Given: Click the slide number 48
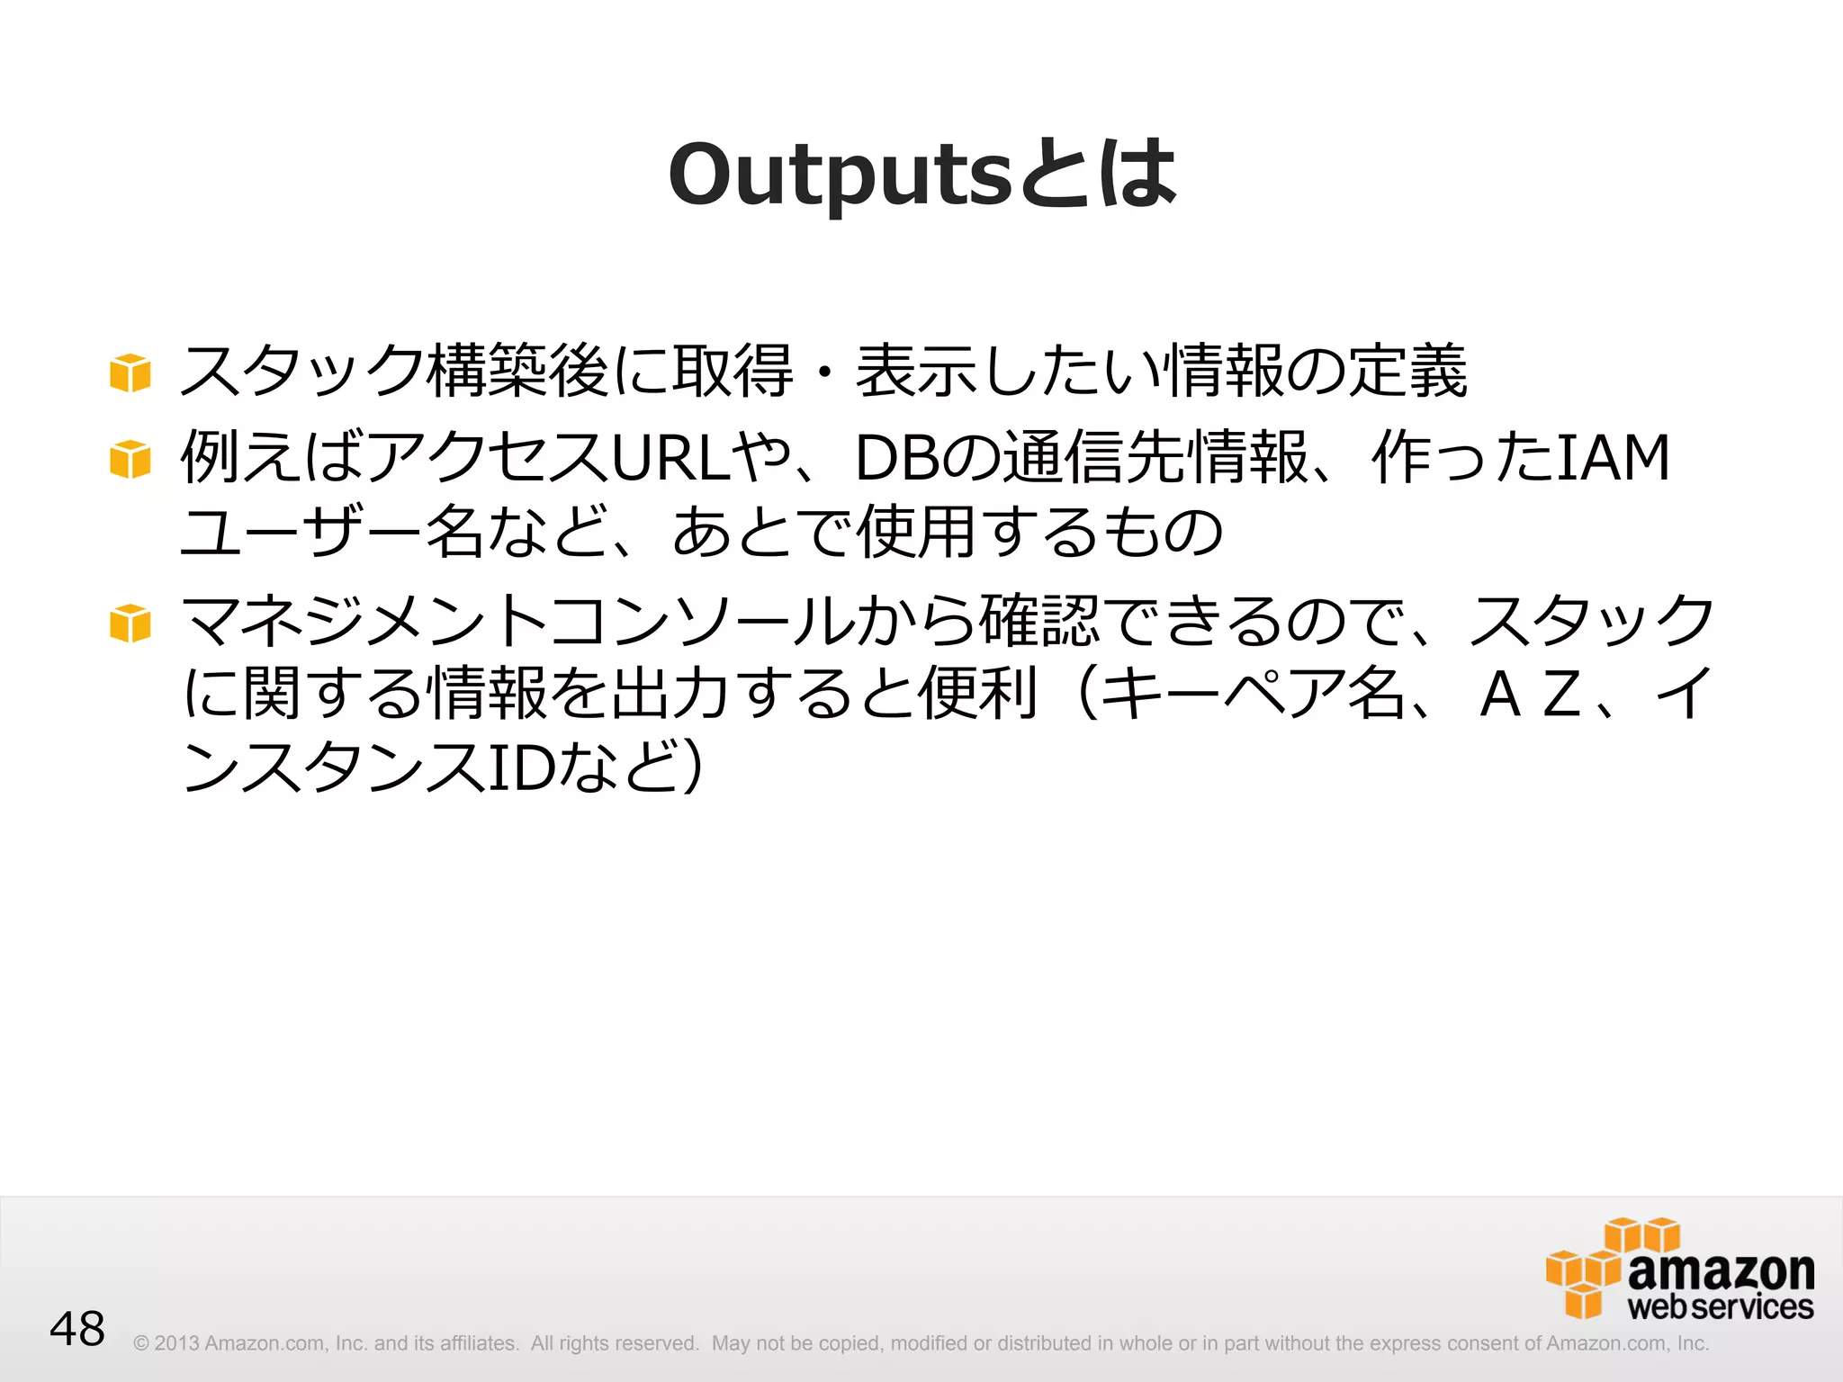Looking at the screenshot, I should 77,1329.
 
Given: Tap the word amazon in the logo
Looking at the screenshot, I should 1721,1270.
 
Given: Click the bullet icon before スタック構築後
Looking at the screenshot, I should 130,372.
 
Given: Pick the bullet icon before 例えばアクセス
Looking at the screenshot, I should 130,459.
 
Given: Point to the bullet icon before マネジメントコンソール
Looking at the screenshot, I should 130,623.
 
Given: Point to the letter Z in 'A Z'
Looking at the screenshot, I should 1562,695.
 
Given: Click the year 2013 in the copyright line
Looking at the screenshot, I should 176,1343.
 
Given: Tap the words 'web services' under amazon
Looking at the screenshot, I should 1721,1306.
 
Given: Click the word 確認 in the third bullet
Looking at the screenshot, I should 1039,622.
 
